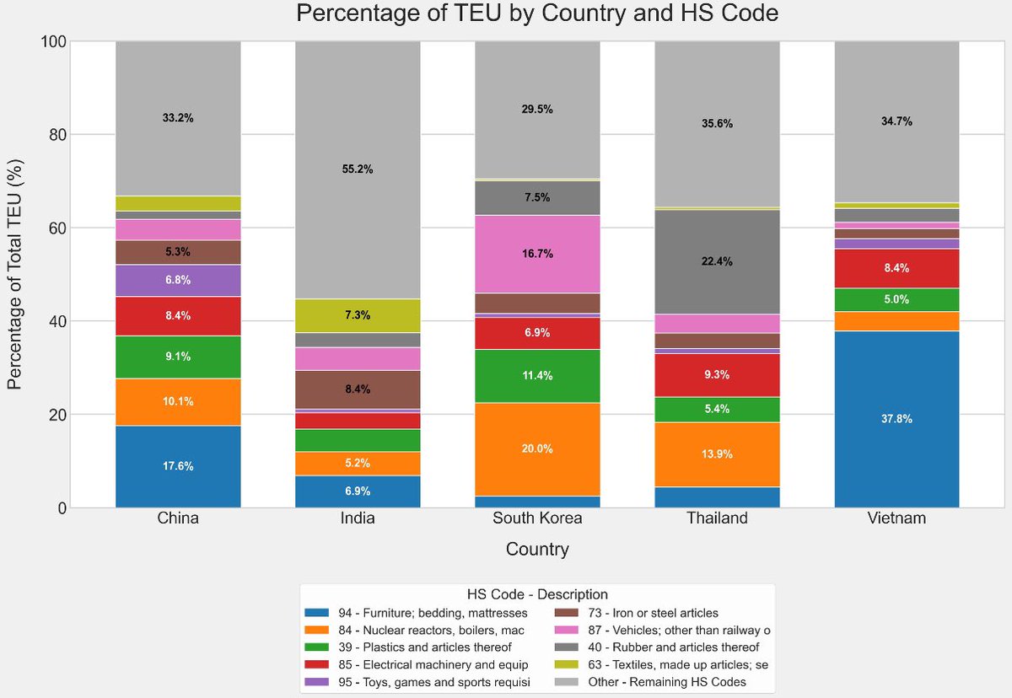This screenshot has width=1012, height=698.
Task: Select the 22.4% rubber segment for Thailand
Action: pos(717,261)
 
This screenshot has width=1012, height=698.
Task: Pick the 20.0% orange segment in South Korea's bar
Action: pos(537,449)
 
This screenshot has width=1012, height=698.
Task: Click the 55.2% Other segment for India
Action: pos(358,169)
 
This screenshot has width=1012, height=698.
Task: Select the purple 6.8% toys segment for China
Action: pos(178,280)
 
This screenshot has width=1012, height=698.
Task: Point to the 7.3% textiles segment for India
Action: pos(358,315)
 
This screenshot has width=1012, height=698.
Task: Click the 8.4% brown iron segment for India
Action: pos(358,389)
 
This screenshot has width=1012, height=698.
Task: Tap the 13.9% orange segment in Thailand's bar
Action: pos(717,454)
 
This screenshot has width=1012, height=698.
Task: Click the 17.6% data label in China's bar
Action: pos(178,466)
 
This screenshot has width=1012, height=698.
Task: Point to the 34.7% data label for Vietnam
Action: pos(896,121)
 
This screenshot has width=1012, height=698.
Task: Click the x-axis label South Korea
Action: pos(537,518)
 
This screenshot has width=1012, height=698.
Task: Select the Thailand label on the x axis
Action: pos(717,518)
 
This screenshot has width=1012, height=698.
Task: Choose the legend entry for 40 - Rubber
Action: pos(658,647)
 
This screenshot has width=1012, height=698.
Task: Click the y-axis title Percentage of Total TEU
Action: pos(15,274)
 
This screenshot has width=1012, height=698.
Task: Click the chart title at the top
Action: pos(536,13)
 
